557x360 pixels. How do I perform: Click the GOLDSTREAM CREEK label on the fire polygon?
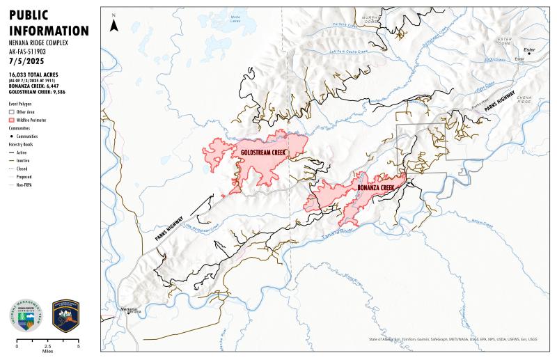(265, 151)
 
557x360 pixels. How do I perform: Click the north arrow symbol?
(113, 25)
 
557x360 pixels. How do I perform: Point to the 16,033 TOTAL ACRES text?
(33, 74)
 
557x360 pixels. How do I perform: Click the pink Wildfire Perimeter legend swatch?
(12, 120)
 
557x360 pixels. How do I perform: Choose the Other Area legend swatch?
(12, 111)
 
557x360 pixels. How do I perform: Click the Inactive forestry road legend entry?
(12, 160)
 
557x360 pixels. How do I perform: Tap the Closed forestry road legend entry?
(12, 169)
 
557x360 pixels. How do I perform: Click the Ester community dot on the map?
(528, 53)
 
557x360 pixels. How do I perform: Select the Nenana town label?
(129, 308)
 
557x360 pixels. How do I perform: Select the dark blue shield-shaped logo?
(65, 315)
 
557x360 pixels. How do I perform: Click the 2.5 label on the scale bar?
(47, 346)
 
